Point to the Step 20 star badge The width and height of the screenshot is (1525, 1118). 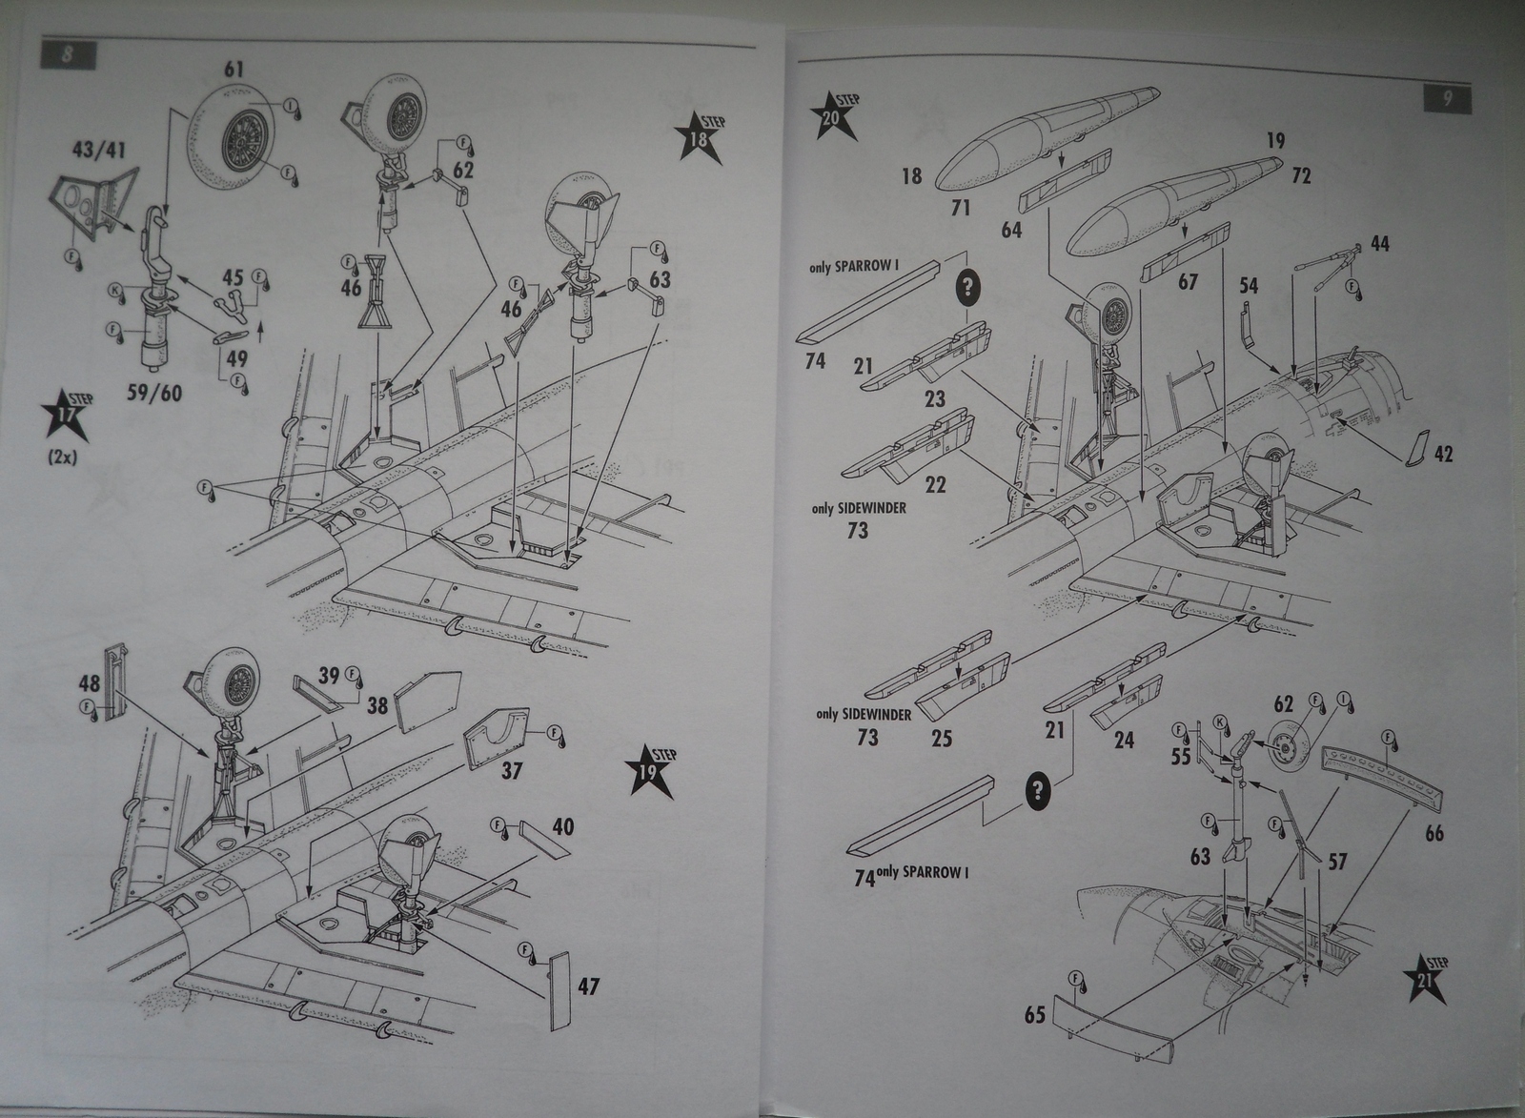coord(834,118)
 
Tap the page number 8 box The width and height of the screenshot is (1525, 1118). coord(67,54)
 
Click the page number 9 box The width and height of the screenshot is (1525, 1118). coord(1447,98)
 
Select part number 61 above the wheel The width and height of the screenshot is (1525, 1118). coord(234,70)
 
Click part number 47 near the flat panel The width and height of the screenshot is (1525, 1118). coord(588,986)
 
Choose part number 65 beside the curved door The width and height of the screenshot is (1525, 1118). coord(1036,1014)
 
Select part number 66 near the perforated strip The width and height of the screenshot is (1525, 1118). coord(1433,833)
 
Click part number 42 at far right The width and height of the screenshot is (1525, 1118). coord(1443,454)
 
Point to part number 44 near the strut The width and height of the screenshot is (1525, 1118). coord(1378,244)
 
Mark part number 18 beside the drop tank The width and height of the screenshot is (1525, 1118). coord(912,175)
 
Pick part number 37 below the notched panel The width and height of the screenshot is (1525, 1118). coord(512,770)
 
